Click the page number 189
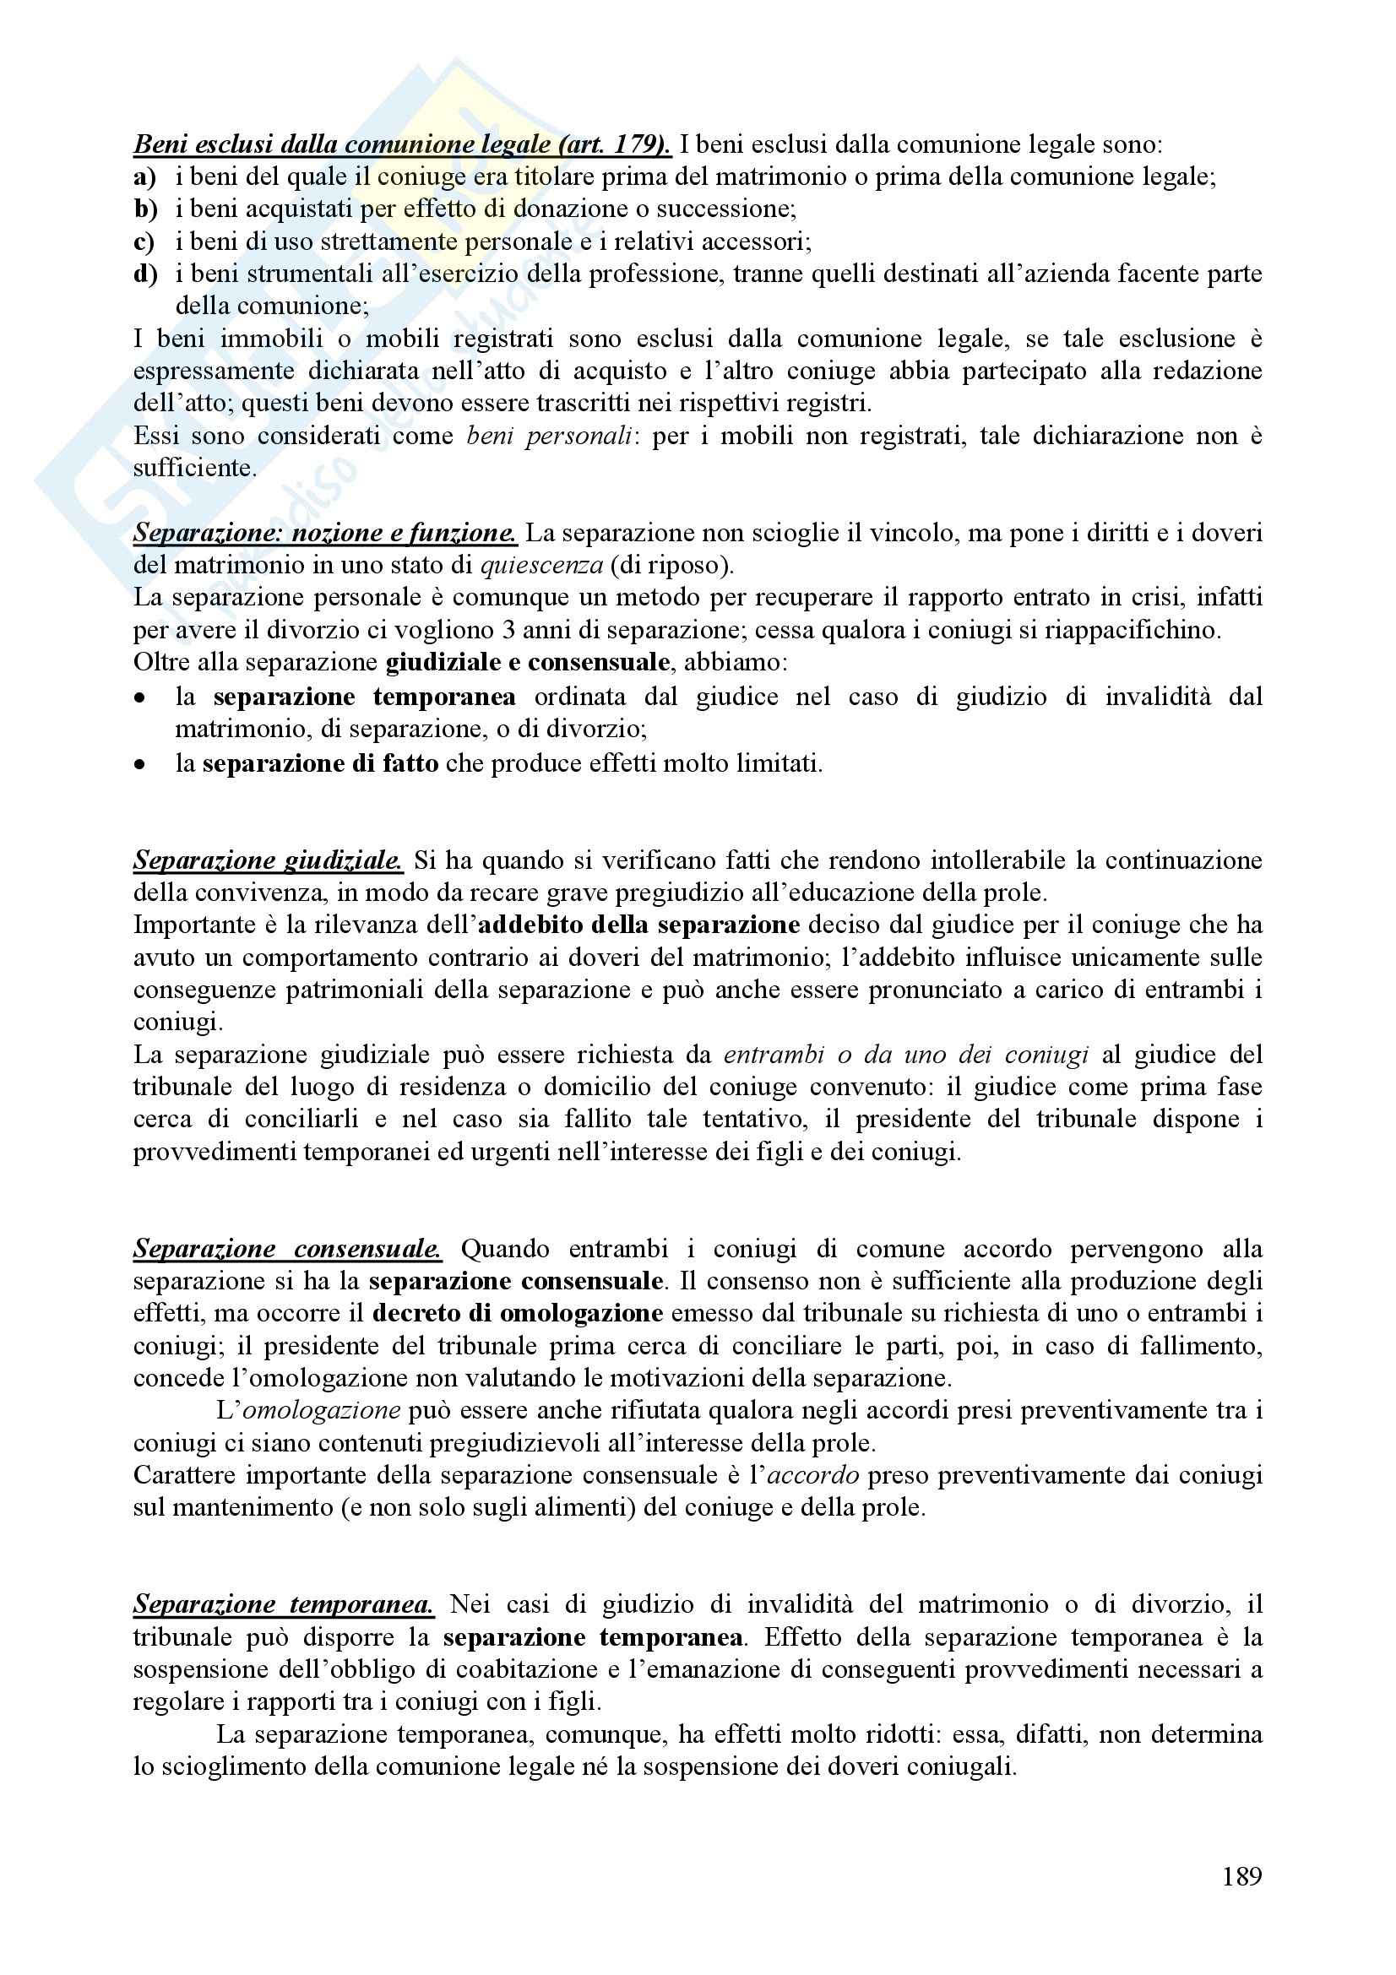(1241, 1876)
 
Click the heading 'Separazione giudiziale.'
(268, 860)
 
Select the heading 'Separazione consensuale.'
(287, 1248)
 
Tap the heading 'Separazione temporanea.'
(284, 1604)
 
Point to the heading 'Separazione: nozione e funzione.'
(325, 534)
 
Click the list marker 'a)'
(144, 177)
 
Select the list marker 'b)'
(145, 209)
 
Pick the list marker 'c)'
(144, 241)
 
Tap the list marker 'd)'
(145, 274)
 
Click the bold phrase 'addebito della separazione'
(639, 925)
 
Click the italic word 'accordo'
(812, 1475)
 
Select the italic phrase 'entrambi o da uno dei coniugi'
(906, 1055)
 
